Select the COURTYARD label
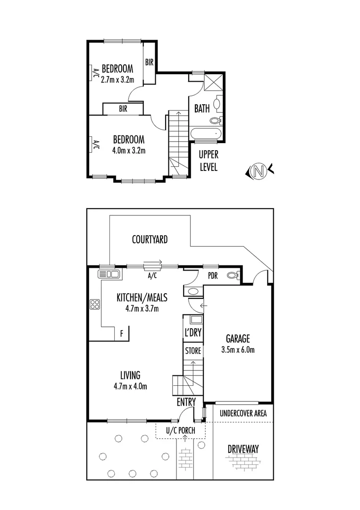(x=150, y=240)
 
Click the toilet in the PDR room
(x=232, y=275)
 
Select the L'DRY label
(x=193, y=333)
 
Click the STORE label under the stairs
(x=193, y=351)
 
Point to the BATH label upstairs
(x=202, y=109)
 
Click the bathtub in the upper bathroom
(x=207, y=134)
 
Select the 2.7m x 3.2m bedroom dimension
(x=117, y=80)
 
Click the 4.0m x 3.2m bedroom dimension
(x=128, y=151)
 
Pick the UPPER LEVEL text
(x=208, y=161)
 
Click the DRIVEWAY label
(x=243, y=449)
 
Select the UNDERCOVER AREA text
(x=243, y=413)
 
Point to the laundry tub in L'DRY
(x=193, y=319)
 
